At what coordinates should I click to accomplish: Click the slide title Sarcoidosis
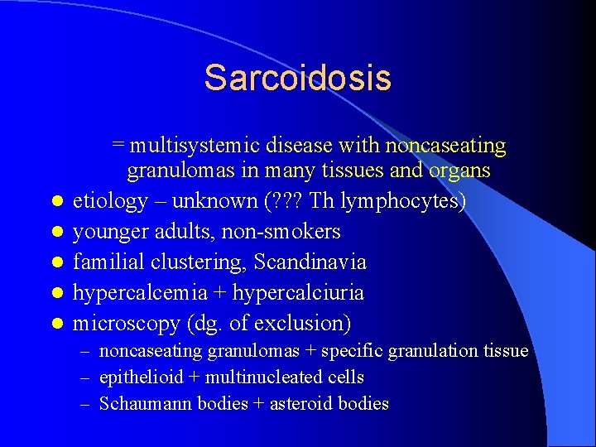point(297,78)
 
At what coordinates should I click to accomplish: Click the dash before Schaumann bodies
point(85,405)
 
